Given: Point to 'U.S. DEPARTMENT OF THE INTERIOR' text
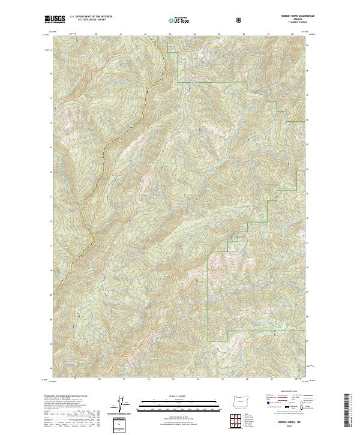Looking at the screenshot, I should coord(91,17).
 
